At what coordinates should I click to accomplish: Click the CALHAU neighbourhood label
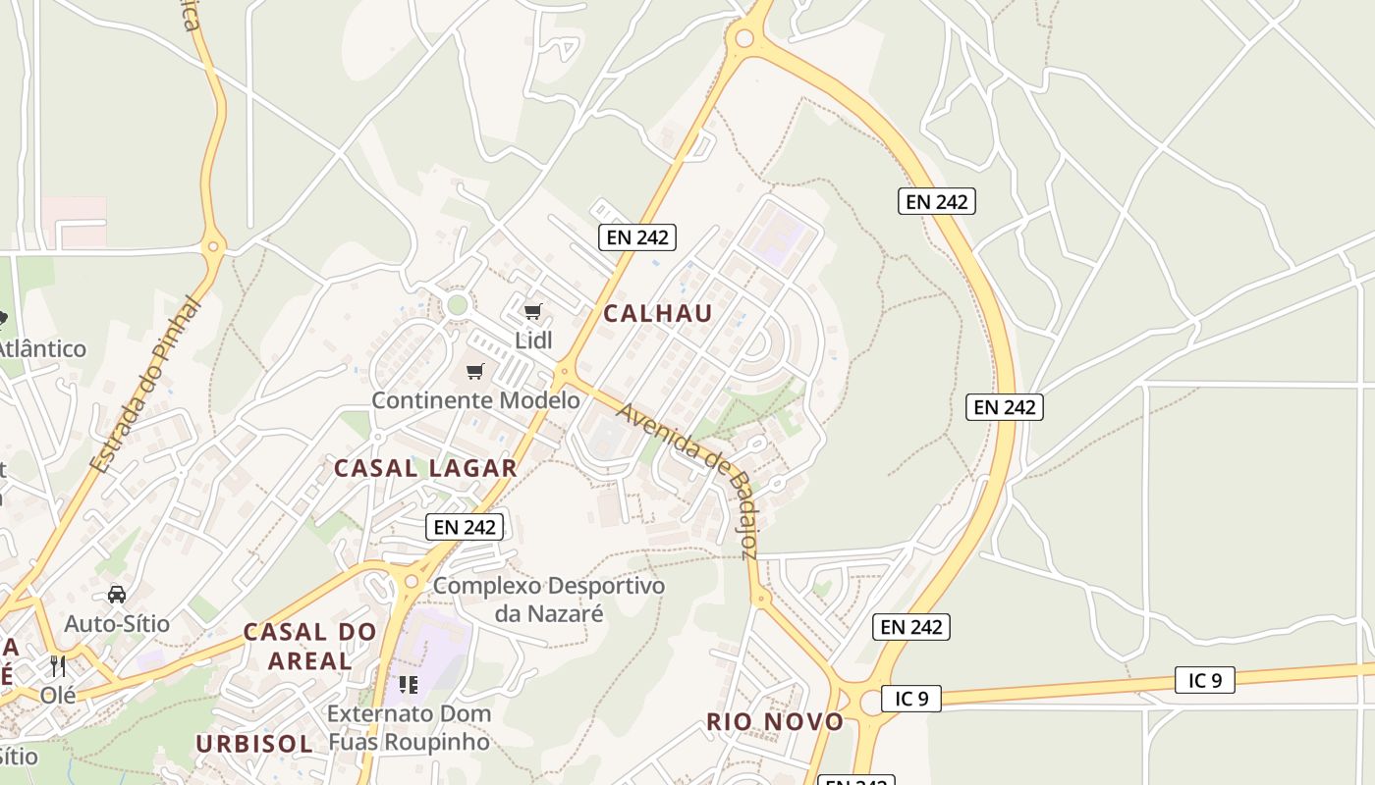[x=657, y=313]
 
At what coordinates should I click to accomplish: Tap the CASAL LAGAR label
[x=425, y=468]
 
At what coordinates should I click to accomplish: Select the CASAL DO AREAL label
[x=309, y=646]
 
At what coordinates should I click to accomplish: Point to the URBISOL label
[x=254, y=744]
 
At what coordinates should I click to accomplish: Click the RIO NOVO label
[x=775, y=722]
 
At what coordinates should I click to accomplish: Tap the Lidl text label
[x=533, y=340]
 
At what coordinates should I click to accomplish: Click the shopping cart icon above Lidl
[x=532, y=312]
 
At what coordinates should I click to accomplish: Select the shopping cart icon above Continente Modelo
[x=475, y=371]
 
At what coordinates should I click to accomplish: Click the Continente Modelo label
[x=475, y=399]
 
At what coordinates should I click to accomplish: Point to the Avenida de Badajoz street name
[x=687, y=480]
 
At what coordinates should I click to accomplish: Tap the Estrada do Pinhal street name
[x=145, y=384]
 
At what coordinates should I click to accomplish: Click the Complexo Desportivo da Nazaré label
[x=549, y=600]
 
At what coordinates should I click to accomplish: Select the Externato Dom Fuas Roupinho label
[x=408, y=727]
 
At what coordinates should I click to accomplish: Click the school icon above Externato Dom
[x=408, y=683]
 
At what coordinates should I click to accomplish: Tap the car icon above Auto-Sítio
[x=117, y=595]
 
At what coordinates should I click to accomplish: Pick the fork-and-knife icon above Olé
[x=58, y=666]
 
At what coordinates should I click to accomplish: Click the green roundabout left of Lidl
[x=457, y=305]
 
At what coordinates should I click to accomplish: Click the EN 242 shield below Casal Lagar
[x=466, y=527]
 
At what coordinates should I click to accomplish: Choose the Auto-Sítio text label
[x=117, y=623]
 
